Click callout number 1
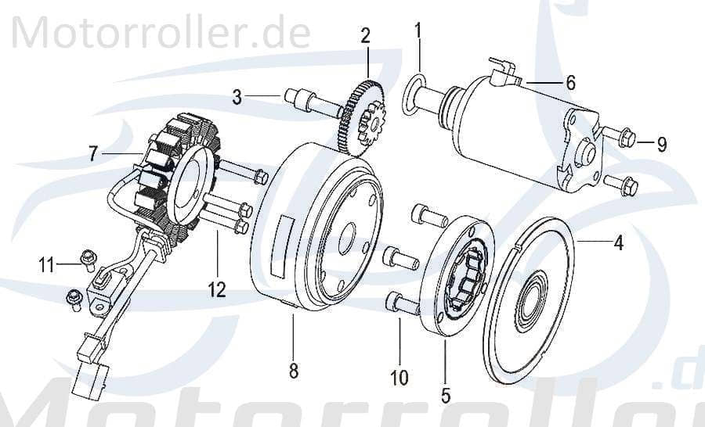click(418, 31)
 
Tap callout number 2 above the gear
click(365, 35)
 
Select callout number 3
click(237, 97)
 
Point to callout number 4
click(618, 243)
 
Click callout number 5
click(445, 395)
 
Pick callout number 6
click(570, 81)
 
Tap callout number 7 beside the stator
click(93, 154)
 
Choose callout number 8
click(294, 371)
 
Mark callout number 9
click(662, 144)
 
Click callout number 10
click(399, 379)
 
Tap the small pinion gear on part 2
click(365, 127)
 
